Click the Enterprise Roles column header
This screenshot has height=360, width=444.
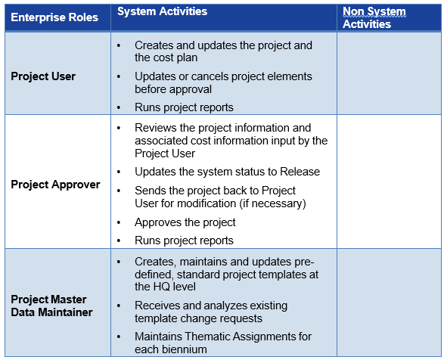coord(54,17)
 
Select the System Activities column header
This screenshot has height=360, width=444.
coord(163,11)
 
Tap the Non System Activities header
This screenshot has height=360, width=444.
coord(374,17)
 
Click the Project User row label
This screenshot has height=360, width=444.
coord(43,76)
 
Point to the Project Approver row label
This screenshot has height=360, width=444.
coord(55,185)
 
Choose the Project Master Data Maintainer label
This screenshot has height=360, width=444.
coord(51,306)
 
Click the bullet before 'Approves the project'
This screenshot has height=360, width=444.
coord(119,222)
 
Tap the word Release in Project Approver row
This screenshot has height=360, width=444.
coord(300,172)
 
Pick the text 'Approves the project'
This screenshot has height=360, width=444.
coord(185,222)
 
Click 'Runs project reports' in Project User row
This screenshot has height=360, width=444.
coord(184,107)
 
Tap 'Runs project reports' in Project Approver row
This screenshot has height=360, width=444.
coord(184,241)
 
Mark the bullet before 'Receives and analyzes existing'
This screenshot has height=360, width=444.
coord(119,306)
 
